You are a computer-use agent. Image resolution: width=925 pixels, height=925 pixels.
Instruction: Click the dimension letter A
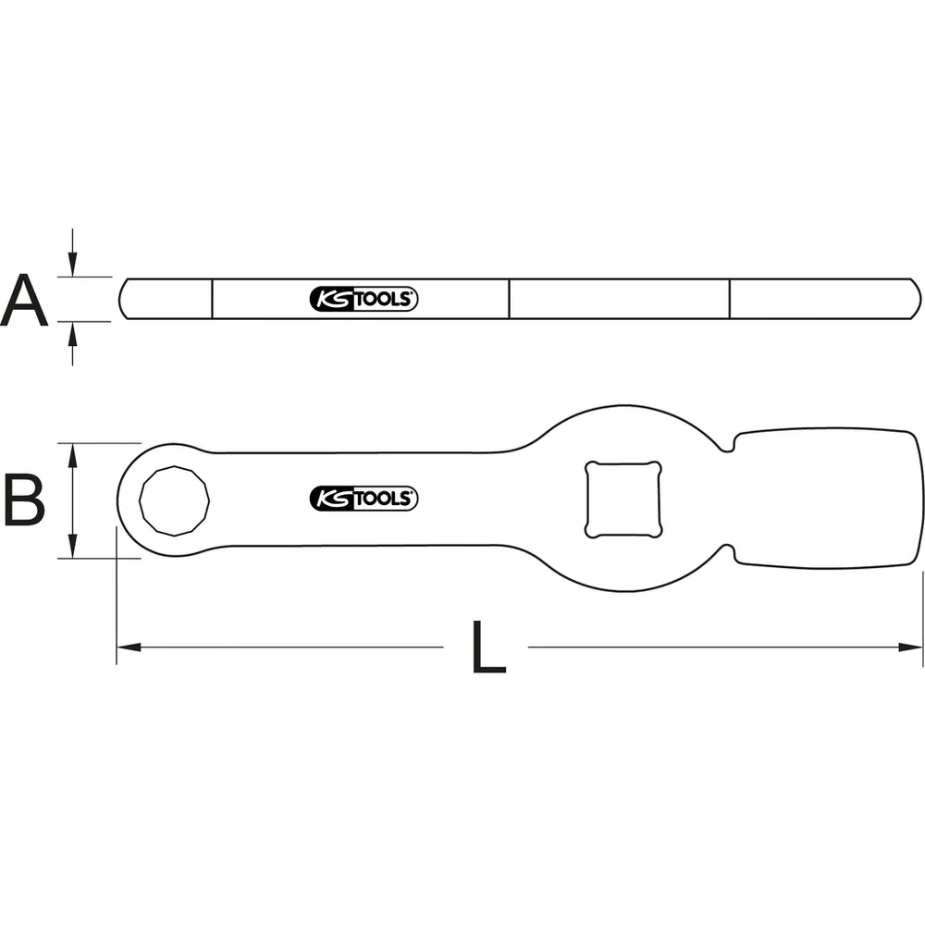24,298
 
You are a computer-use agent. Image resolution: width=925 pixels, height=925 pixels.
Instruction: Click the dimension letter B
24,500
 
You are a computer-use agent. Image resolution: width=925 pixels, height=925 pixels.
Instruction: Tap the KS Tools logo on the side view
364,299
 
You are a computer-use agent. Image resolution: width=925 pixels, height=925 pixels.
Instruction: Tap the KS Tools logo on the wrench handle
364,499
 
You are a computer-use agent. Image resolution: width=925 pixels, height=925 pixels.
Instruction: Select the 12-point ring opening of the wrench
174,500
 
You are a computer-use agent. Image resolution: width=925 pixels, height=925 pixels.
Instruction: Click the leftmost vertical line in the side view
213,298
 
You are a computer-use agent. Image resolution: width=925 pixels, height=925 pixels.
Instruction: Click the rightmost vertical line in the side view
730,298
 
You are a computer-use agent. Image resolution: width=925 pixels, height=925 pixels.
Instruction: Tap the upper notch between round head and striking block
730,445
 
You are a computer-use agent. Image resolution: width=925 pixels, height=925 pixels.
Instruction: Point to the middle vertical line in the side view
510,298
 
